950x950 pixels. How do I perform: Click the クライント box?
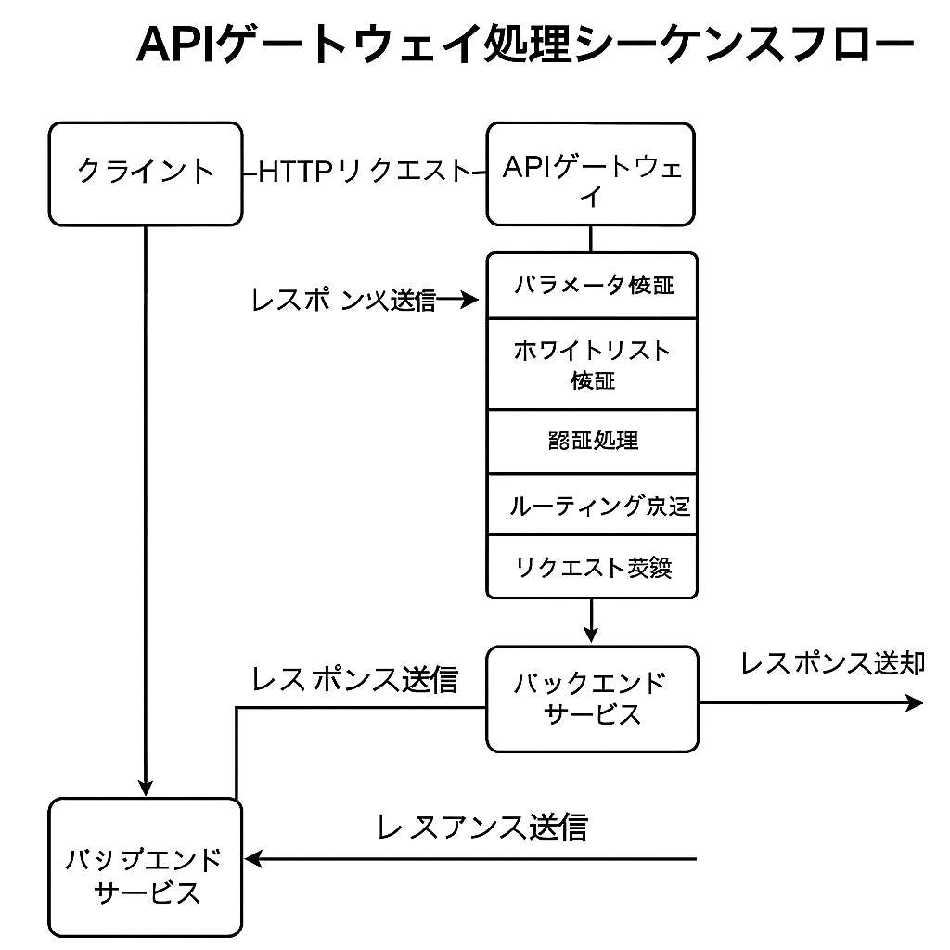146,173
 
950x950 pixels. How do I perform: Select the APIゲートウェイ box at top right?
591,174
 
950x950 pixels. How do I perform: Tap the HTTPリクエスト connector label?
365,172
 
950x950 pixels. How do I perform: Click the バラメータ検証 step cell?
592,285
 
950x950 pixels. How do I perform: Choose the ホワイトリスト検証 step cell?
592,364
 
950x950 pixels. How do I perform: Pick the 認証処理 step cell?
592,441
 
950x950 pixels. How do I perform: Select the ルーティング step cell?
592,505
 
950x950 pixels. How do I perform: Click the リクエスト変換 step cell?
592,567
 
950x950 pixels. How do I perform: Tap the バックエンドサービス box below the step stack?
592,699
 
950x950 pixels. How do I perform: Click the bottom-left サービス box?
146,867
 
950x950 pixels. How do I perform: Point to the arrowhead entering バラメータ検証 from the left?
471,300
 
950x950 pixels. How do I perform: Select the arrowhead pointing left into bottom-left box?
253,859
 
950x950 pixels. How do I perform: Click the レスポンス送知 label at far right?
831,663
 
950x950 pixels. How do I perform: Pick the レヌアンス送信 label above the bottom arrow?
481,826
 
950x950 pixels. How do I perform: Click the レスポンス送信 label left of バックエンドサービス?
354,679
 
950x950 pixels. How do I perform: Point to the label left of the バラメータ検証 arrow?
343,300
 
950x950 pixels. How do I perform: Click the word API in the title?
177,45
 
